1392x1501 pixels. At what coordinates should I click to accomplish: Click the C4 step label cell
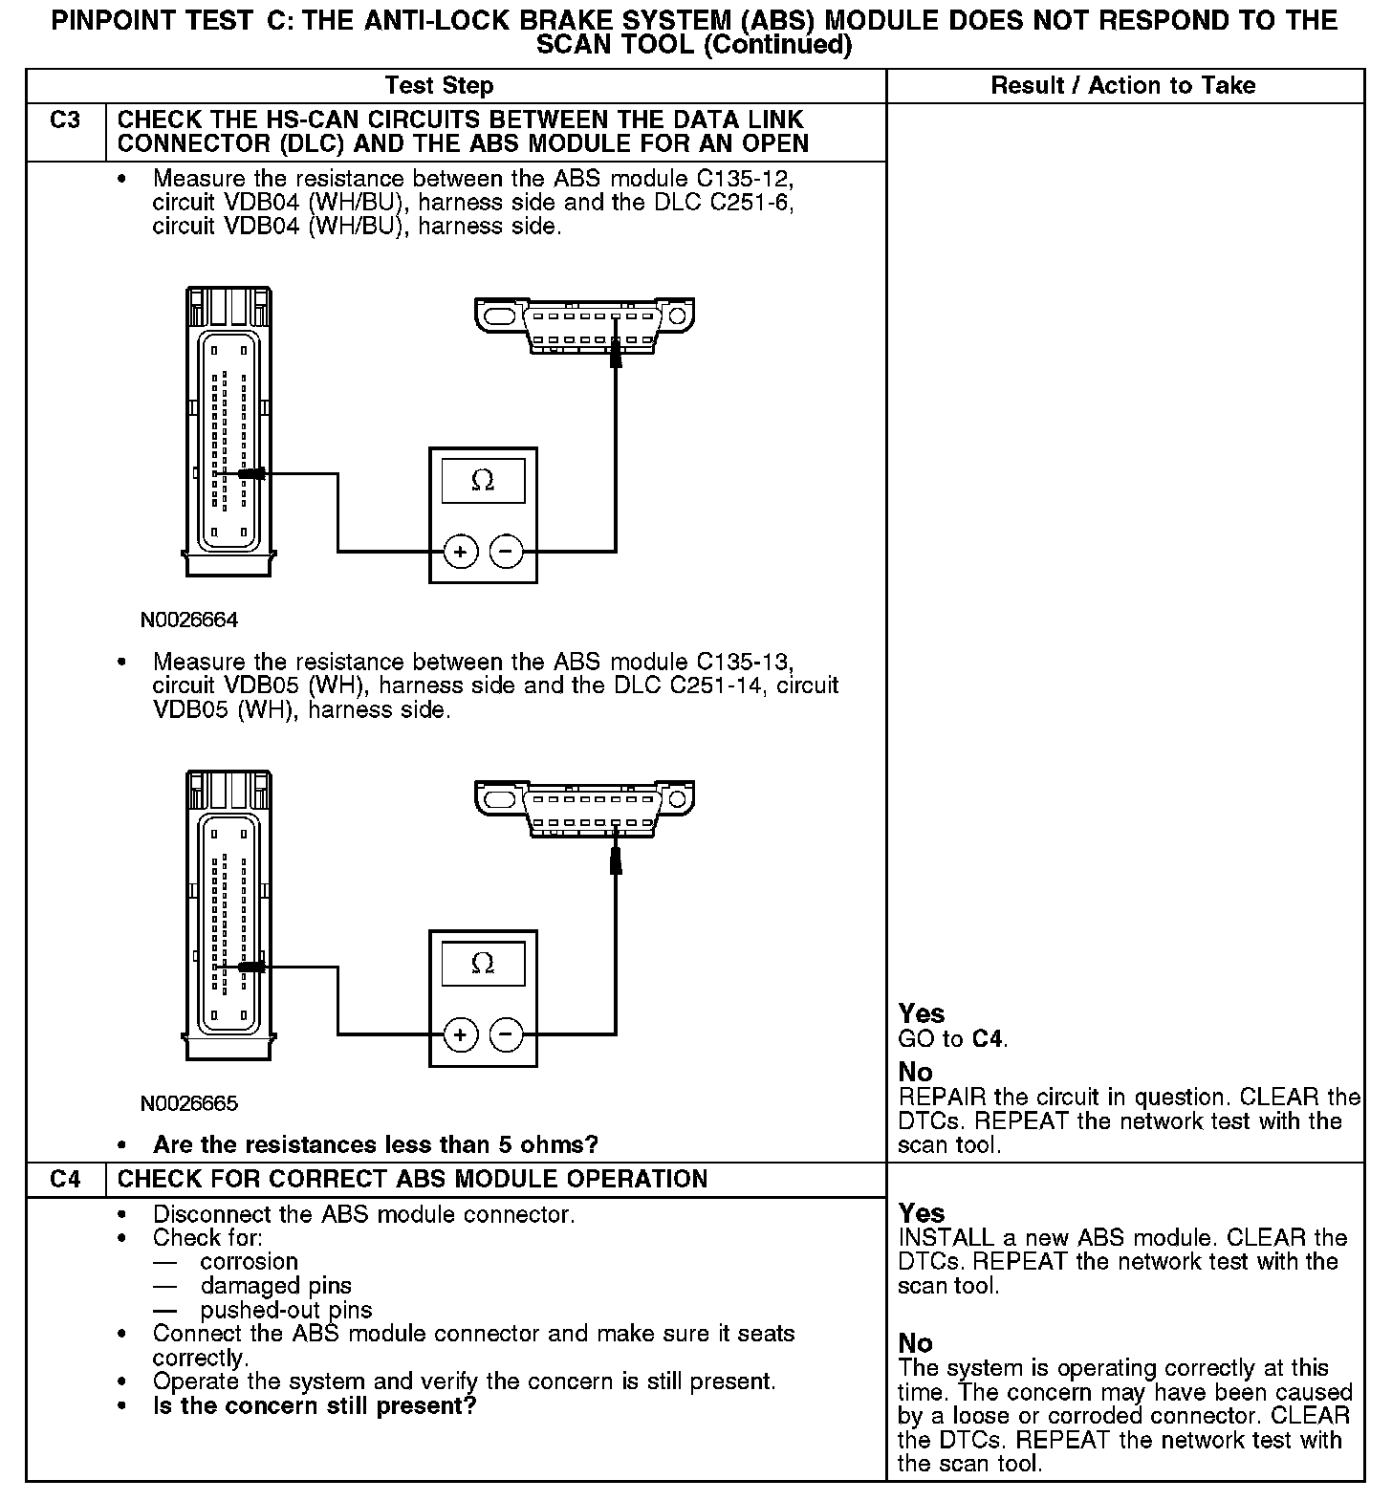65,1179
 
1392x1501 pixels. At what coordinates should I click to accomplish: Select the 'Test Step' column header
439,86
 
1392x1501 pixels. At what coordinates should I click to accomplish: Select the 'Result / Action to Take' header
1122,86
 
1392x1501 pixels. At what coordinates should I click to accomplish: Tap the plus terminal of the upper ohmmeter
461,552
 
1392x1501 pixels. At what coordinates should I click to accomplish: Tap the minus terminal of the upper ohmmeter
506,552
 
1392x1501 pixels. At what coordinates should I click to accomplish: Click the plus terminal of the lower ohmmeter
461,1034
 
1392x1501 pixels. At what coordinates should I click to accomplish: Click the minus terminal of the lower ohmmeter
506,1034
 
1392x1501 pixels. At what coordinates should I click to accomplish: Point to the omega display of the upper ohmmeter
483,481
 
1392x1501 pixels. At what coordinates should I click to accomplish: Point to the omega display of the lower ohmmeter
483,964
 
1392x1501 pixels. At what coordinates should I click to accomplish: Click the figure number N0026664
189,620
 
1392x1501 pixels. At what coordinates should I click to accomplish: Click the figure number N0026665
189,1103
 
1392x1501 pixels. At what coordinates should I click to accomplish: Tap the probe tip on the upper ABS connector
251,473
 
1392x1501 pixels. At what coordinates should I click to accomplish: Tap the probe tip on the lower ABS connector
251,968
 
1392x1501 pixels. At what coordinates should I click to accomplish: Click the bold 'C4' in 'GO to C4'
988,1039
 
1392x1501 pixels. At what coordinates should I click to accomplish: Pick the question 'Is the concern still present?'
315,1406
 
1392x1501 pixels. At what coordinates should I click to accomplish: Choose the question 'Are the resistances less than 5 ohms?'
375,1144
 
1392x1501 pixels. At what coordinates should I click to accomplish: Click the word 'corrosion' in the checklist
250,1262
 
